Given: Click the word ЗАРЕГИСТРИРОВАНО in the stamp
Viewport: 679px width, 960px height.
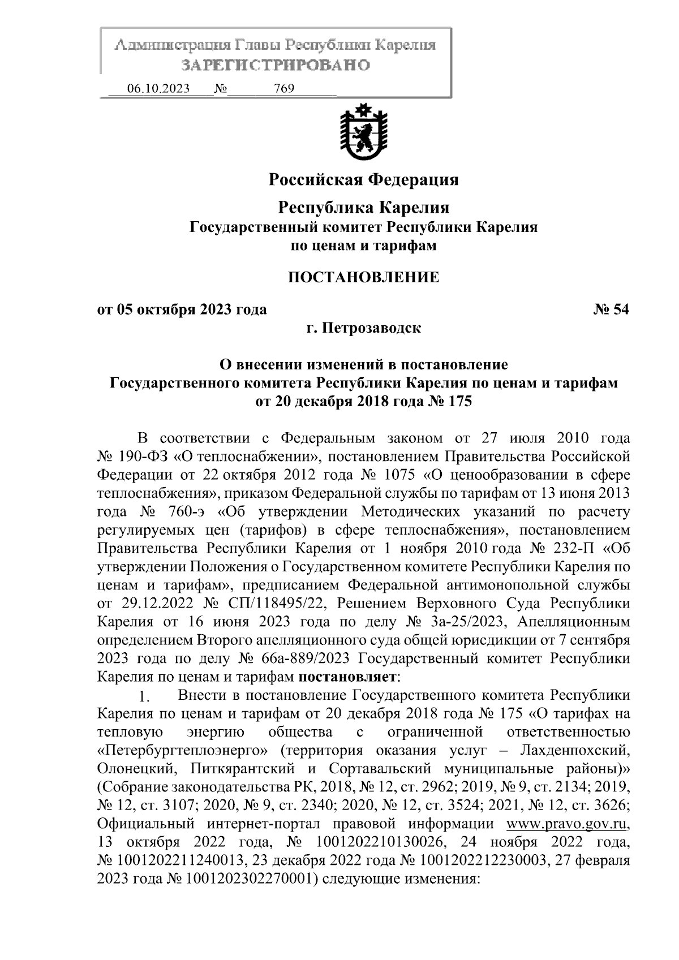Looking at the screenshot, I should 276,65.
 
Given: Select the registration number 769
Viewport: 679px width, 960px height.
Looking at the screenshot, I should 283,89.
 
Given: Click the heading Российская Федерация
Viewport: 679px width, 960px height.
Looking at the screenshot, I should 363,180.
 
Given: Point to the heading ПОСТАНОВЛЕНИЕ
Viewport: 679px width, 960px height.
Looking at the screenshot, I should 363,277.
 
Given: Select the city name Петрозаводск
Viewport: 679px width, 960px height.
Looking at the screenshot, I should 372,328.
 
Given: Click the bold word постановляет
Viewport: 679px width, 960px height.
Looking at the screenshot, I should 348,677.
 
